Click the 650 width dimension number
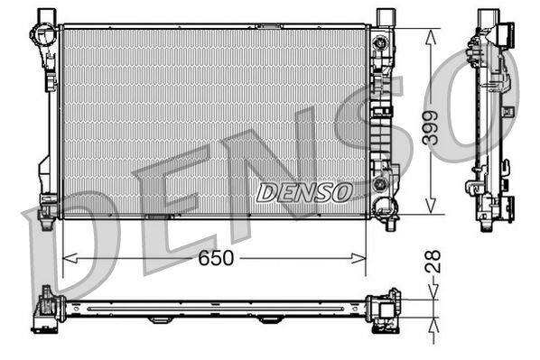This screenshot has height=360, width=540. tap(217, 259)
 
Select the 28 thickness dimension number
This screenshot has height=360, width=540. tap(435, 263)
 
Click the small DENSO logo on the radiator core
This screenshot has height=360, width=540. tap(305, 192)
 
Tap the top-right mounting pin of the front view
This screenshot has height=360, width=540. tap(386, 15)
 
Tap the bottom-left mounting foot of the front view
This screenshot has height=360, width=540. tap(46, 208)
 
